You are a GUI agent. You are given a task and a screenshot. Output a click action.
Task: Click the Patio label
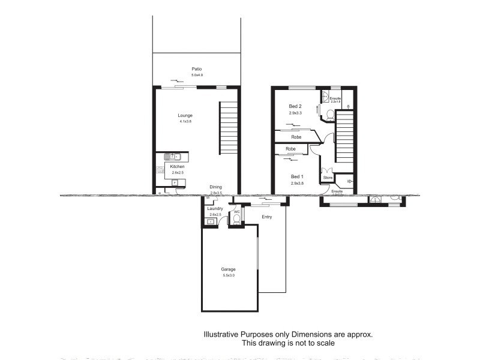point(197,69)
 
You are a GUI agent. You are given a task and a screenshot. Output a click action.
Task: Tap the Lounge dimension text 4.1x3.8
point(185,122)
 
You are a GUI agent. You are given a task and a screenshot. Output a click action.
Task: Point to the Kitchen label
point(177,166)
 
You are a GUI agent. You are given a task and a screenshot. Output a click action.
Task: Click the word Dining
point(216,187)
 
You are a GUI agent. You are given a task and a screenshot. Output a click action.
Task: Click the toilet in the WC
point(236,220)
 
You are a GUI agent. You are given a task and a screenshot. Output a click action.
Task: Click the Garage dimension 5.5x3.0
point(229,275)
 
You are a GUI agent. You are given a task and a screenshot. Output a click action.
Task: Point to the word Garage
point(229,270)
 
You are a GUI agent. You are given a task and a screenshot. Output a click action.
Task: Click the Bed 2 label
point(295,106)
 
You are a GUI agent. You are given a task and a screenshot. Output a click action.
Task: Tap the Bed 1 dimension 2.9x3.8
point(298,184)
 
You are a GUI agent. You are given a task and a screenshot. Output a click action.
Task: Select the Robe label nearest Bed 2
point(296,137)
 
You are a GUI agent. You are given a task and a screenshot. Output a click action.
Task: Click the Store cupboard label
point(328,178)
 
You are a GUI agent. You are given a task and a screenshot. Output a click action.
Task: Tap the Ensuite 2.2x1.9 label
point(335,100)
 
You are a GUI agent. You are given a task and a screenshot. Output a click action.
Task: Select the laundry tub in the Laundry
point(211,221)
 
